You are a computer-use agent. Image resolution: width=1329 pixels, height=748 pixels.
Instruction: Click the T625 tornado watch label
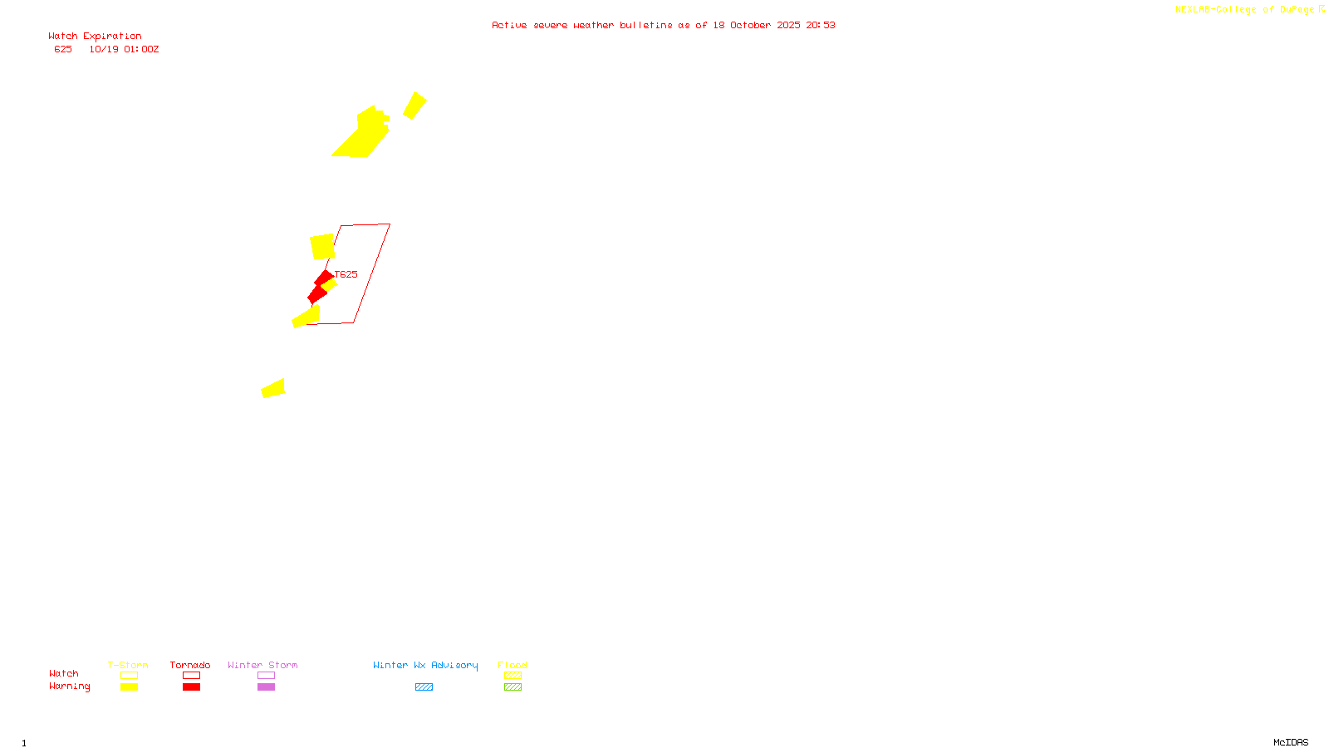point(346,274)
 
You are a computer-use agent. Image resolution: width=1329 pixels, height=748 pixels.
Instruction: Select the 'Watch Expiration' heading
point(95,37)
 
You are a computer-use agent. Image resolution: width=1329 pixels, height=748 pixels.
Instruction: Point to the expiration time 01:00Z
point(141,49)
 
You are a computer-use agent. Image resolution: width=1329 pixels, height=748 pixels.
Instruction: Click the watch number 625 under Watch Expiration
point(63,49)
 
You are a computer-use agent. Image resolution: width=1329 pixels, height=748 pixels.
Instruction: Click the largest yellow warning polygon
point(362,135)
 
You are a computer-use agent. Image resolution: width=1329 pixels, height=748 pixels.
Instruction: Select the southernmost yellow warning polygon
point(273,388)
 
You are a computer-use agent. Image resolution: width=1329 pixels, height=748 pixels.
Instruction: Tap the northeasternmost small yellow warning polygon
point(414,106)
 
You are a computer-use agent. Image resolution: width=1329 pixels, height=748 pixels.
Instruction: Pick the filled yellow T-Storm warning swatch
point(129,687)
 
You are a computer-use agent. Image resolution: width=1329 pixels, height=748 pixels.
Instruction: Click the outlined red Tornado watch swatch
point(191,676)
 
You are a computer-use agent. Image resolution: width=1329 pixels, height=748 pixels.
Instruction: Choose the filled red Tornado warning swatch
point(191,687)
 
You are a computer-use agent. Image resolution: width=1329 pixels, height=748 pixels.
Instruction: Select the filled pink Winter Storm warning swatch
point(266,687)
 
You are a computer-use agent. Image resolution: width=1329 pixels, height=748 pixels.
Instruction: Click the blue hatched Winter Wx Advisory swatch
point(424,687)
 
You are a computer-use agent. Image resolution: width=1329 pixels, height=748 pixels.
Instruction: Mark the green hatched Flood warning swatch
point(512,687)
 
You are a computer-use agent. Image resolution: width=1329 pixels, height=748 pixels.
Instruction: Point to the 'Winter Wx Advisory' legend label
point(425,665)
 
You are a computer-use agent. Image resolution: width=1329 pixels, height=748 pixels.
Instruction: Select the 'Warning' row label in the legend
point(69,686)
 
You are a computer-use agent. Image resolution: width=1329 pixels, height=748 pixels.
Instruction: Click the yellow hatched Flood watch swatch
point(512,676)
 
